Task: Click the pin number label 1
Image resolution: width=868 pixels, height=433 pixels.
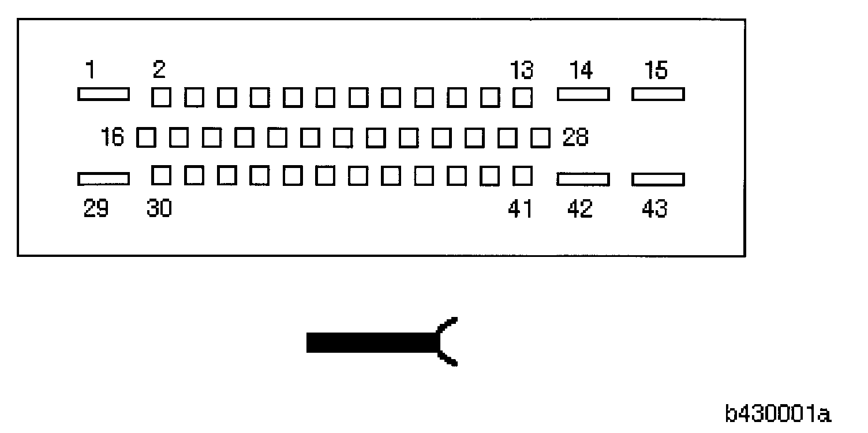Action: (x=90, y=70)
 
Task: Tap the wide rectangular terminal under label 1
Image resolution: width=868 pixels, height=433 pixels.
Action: (x=103, y=94)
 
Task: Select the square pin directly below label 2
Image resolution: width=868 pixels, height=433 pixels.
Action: (x=160, y=97)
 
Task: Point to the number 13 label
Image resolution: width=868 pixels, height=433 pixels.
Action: (x=522, y=70)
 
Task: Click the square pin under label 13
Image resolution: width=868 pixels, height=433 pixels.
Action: (x=523, y=97)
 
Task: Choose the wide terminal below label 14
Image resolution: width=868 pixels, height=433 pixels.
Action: (x=583, y=94)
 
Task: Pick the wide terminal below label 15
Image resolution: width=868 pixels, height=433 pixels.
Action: (x=658, y=94)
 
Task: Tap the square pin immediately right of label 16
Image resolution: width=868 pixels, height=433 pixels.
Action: (x=147, y=138)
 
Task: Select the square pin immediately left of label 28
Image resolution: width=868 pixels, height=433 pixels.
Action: (x=541, y=138)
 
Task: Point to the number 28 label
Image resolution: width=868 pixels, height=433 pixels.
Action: (x=575, y=138)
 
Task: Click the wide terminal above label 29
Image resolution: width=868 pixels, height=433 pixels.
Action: (x=103, y=180)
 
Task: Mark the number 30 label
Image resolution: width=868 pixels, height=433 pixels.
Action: (x=159, y=208)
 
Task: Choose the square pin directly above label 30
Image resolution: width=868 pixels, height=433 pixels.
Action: (x=160, y=175)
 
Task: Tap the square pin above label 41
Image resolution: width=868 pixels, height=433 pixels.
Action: (x=523, y=175)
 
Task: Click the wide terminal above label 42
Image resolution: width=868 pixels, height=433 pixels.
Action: (x=583, y=180)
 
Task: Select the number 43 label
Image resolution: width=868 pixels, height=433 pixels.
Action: (x=654, y=208)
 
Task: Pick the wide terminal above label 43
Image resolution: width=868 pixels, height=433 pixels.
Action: (x=658, y=180)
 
